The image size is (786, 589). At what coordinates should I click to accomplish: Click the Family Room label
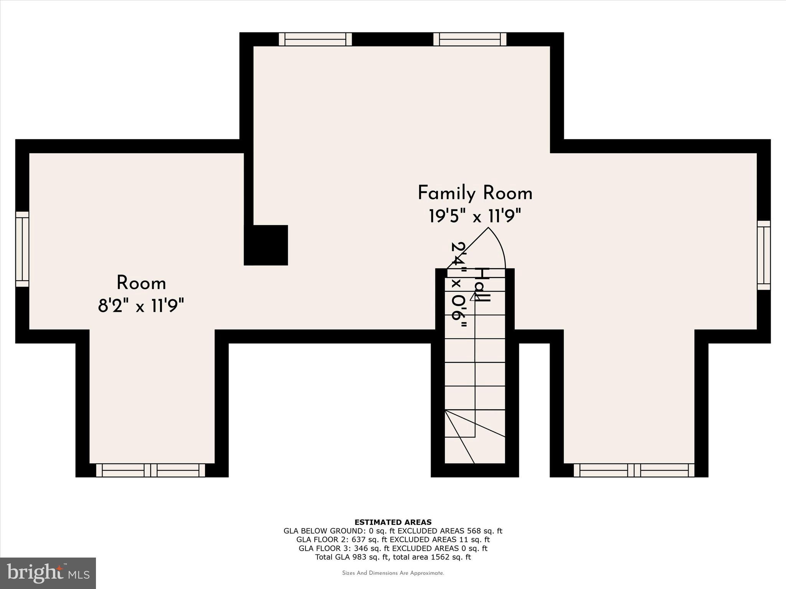tap(475, 193)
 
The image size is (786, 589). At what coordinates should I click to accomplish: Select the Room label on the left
tap(141, 283)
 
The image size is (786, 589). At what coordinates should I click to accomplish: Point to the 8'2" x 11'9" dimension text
tap(141, 306)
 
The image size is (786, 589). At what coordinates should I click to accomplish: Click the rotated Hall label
tap(482, 285)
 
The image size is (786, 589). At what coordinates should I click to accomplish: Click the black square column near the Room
tap(266, 245)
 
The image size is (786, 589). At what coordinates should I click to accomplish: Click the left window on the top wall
tap(315, 39)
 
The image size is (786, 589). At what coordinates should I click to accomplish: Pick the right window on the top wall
tap(470, 39)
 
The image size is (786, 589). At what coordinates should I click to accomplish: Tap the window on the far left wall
tap(22, 249)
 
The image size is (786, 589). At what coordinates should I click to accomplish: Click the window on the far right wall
tap(764, 255)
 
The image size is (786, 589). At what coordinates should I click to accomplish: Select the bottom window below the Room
tap(150, 470)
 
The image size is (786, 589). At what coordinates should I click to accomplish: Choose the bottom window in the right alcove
tap(634, 470)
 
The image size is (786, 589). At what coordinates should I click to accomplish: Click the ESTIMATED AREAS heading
tap(393, 522)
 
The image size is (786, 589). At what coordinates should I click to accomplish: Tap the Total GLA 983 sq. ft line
tap(393, 557)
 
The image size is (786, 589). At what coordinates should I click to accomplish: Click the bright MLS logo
tap(48, 573)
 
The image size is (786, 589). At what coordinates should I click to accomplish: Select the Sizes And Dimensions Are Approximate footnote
tap(393, 573)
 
